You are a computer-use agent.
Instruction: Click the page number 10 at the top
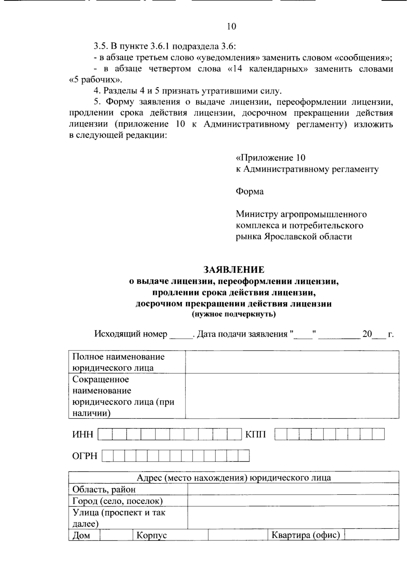pyautogui.click(x=231, y=27)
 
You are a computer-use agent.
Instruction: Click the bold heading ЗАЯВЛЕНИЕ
pyautogui.click(x=233, y=270)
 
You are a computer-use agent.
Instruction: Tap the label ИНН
pyautogui.click(x=82, y=434)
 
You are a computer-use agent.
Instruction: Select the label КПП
pyautogui.click(x=255, y=434)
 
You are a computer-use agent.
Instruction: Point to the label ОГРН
pyautogui.click(x=85, y=456)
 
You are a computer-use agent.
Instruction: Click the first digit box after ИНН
pyautogui.click(x=105, y=434)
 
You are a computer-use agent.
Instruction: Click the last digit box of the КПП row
pyautogui.click(x=378, y=434)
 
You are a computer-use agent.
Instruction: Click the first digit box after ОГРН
pyautogui.click(x=108, y=456)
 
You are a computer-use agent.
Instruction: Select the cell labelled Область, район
pyautogui.click(x=104, y=490)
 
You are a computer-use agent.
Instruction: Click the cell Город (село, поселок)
pyautogui.click(x=117, y=501)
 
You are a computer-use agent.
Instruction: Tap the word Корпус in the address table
pyautogui.click(x=152, y=535)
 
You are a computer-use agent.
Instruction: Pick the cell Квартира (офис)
pyautogui.click(x=306, y=535)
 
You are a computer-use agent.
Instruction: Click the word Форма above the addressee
pyautogui.click(x=249, y=192)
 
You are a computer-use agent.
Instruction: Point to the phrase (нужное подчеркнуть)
pyautogui.click(x=233, y=314)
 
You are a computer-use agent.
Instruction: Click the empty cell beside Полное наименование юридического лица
pyautogui.click(x=292, y=362)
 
